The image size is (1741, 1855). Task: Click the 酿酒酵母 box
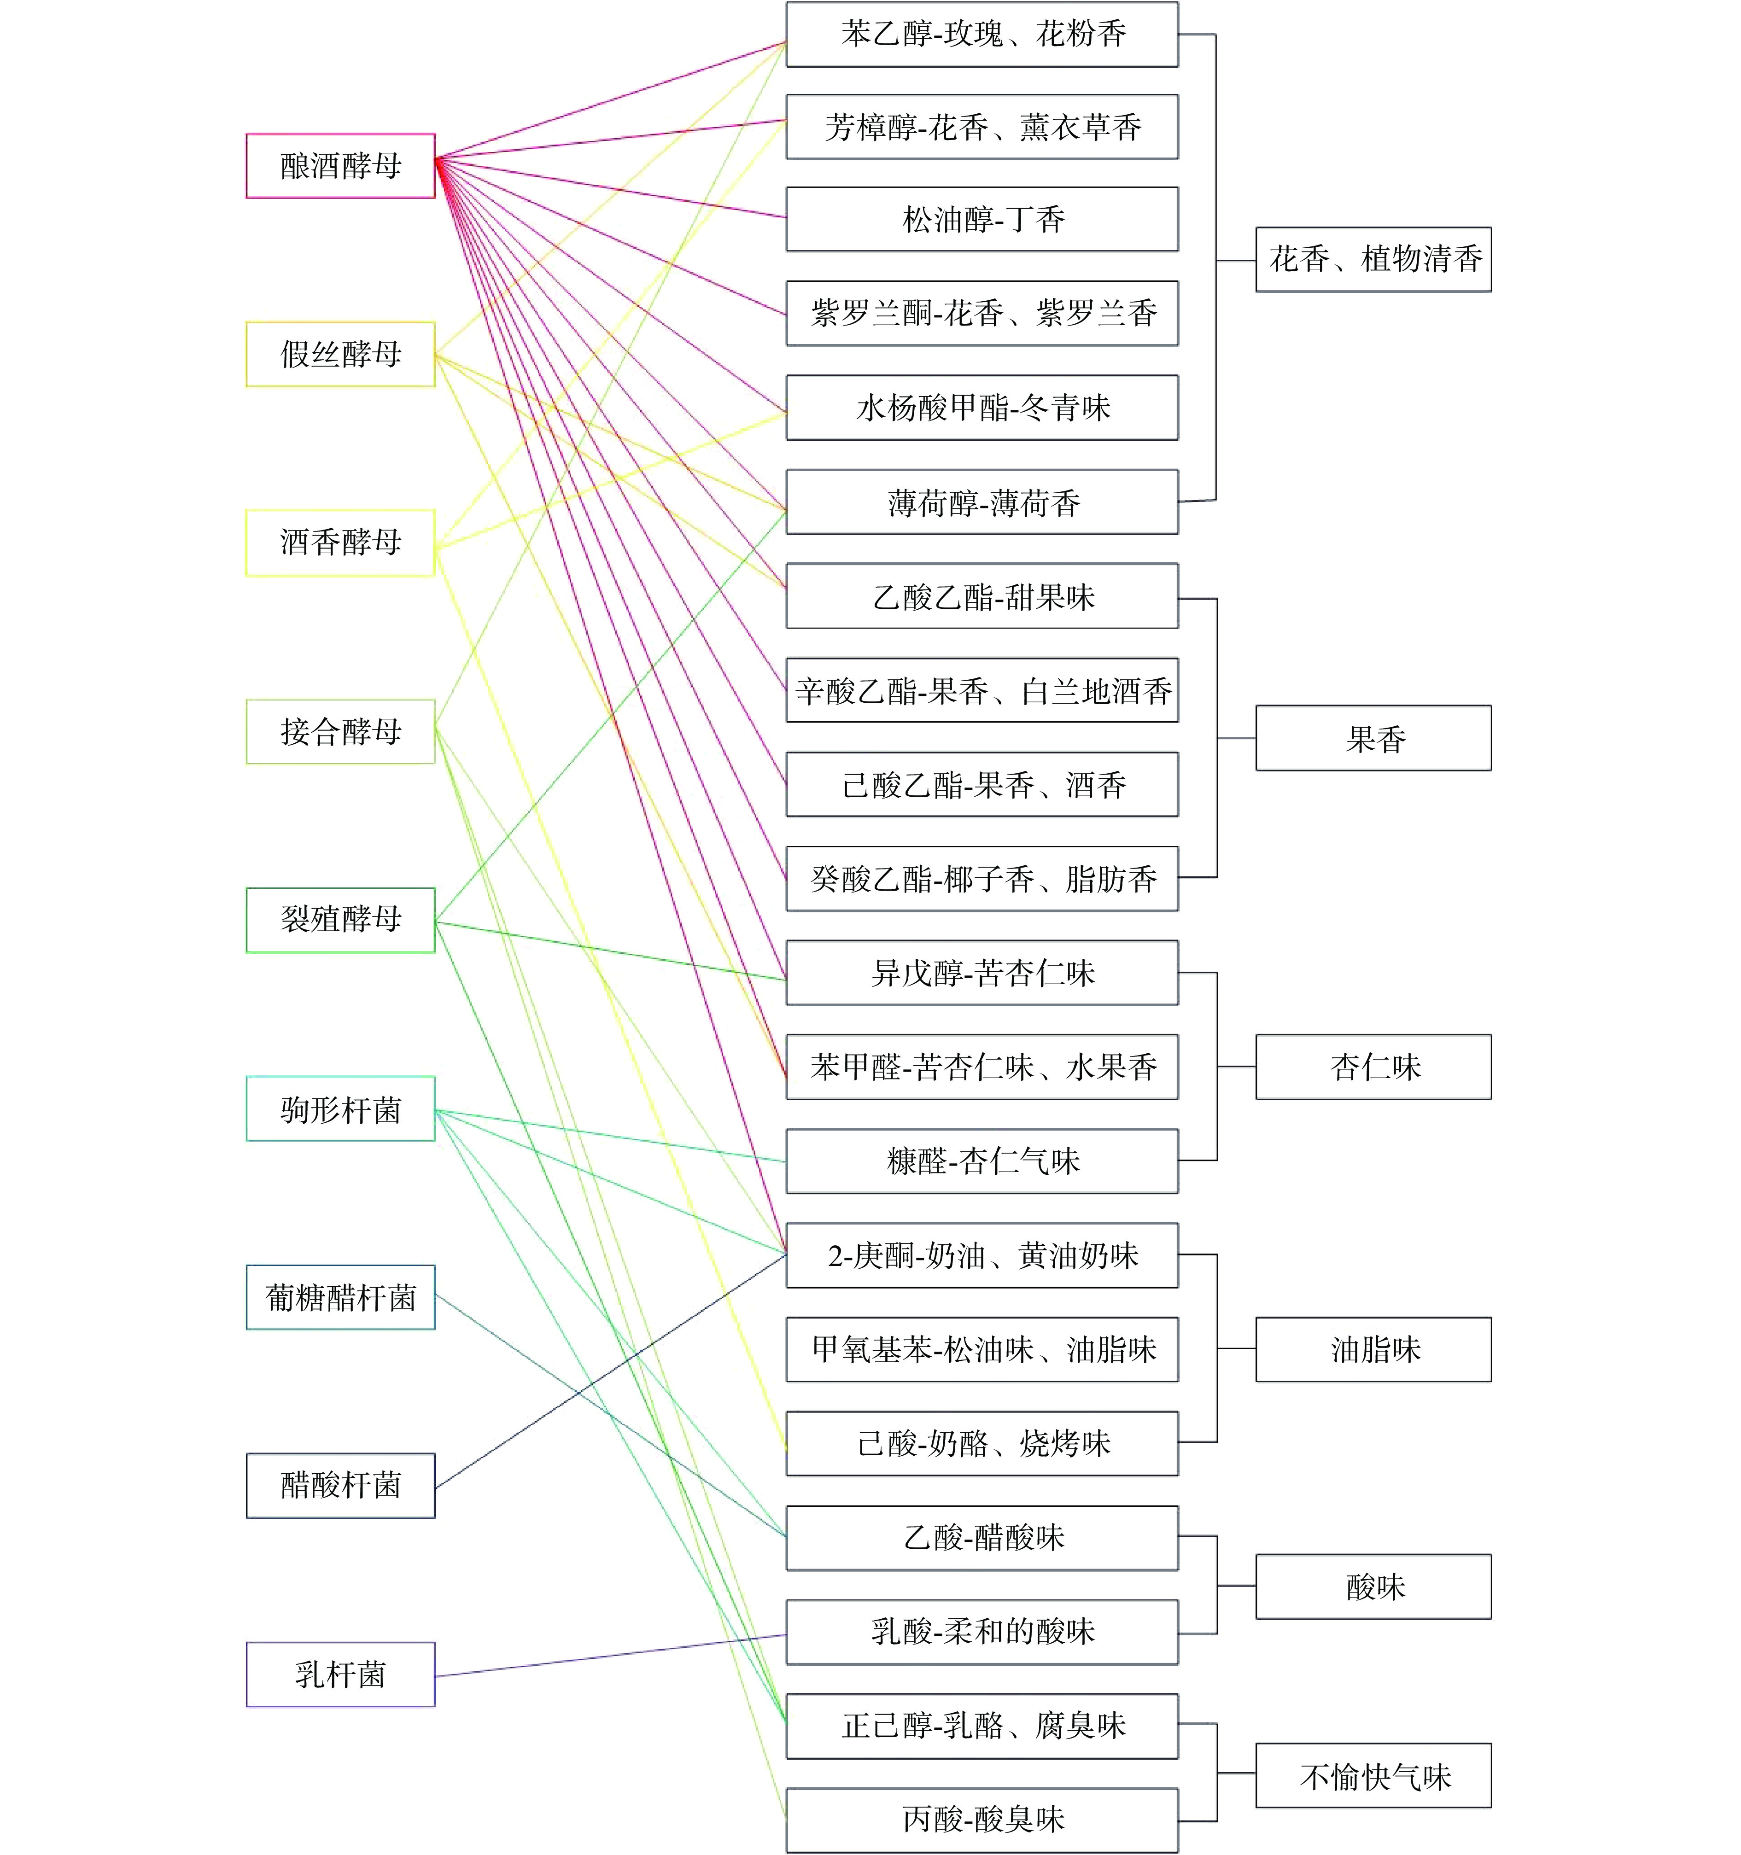coord(340,166)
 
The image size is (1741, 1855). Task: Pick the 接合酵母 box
coord(340,732)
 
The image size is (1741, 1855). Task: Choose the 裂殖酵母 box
coord(340,920)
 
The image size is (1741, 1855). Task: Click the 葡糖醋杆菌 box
coord(340,1297)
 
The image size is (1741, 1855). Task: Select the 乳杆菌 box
coord(340,1674)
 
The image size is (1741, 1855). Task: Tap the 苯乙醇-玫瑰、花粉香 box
coord(982,35)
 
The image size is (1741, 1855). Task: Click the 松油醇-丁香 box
coord(982,219)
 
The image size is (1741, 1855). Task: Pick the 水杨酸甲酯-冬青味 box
coord(982,408)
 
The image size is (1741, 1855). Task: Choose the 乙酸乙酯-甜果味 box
coord(982,596)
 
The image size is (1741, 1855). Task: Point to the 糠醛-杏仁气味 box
coord(982,1161)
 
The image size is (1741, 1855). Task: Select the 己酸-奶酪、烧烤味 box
coord(982,1443)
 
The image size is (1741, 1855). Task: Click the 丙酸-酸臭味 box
coord(982,1820)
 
